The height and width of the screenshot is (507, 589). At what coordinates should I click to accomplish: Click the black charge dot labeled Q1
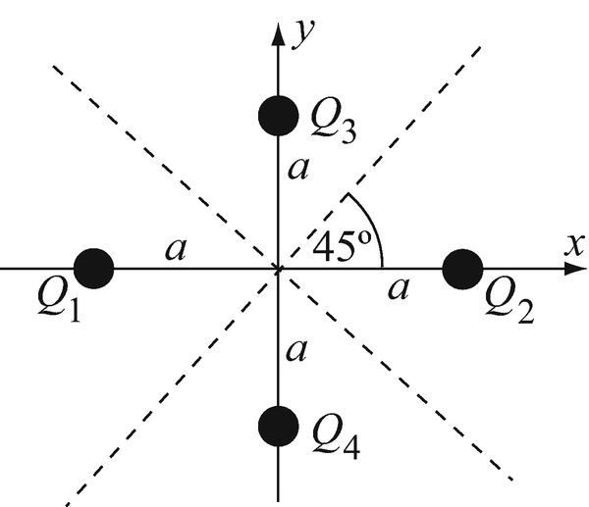[94, 267]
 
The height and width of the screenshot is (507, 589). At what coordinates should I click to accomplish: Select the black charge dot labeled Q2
[462, 267]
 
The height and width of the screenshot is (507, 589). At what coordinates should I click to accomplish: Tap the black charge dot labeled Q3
[278, 116]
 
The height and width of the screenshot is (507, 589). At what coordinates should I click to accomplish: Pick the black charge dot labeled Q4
[278, 425]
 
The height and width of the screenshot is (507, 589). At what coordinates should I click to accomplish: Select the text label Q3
[332, 120]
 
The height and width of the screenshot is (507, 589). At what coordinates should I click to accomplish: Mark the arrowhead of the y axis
[278, 27]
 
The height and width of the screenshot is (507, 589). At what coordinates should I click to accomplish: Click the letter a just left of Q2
[398, 287]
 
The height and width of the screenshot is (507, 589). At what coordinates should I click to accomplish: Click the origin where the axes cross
[278, 267]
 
